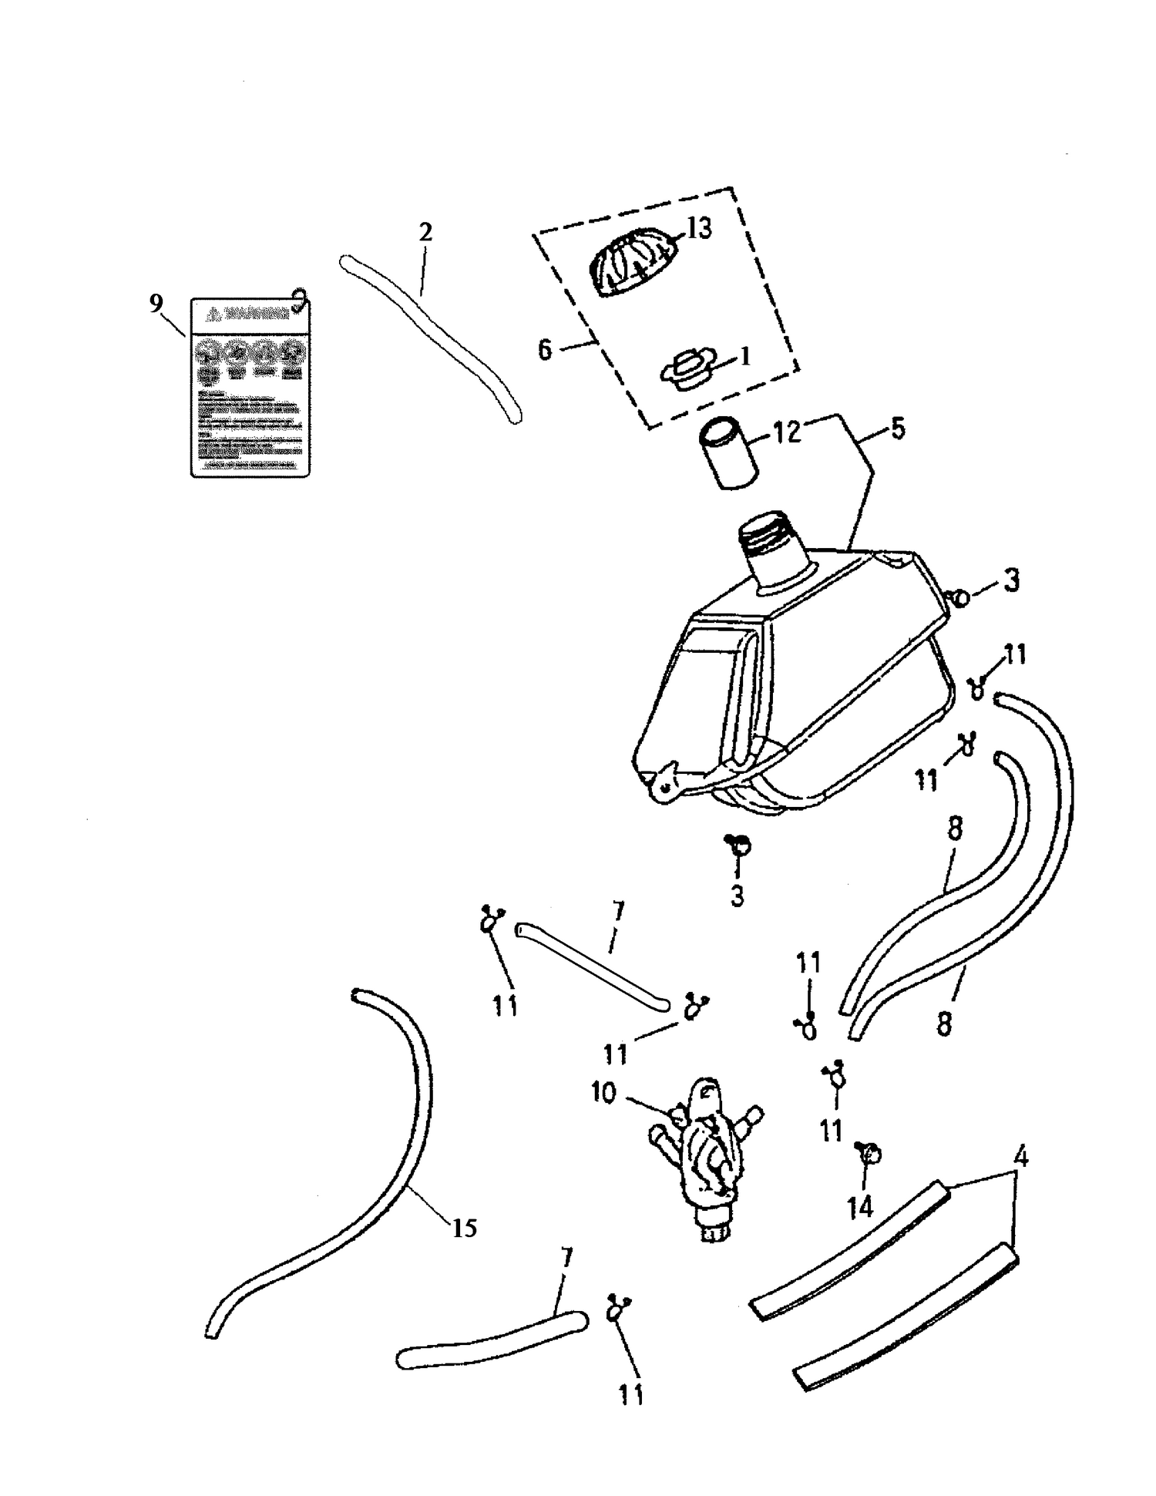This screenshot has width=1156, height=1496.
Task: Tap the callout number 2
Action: point(425,232)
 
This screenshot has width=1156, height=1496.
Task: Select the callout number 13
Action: point(699,228)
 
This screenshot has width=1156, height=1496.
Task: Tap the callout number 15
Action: point(464,1227)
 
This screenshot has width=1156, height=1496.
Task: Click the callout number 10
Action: point(603,1092)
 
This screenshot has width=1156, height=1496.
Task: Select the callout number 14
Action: point(860,1207)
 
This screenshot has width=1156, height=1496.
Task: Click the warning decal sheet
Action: point(250,387)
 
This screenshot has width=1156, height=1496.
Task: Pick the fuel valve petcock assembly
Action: point(705,1148)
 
